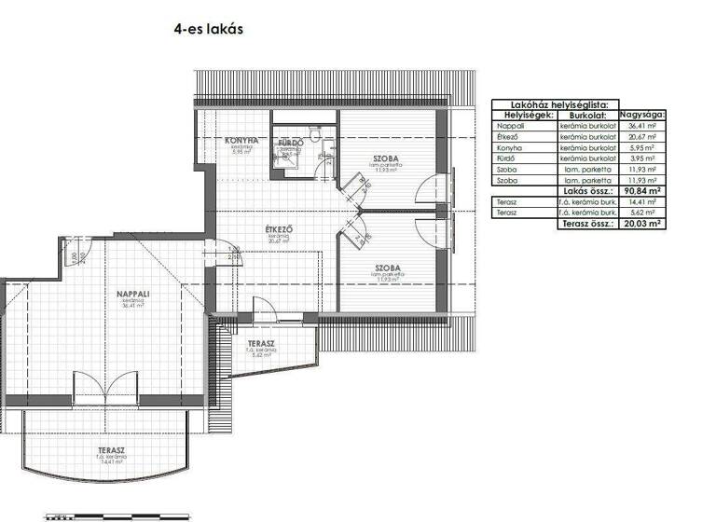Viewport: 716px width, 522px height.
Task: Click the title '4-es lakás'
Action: pos(208,28)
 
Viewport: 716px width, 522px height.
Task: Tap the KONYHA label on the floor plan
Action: pos(241,141)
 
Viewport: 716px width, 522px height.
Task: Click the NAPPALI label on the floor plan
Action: pos(134,294)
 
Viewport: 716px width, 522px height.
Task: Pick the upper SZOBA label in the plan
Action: pos(386,159)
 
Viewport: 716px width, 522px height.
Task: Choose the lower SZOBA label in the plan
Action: pos(389,268)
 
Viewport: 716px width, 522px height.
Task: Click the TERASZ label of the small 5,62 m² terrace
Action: pos(261,344)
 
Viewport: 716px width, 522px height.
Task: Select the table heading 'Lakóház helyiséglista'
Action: pos(579,104)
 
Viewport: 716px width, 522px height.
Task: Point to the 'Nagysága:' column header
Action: pos(642,114)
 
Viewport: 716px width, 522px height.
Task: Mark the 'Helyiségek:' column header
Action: pos(524,114)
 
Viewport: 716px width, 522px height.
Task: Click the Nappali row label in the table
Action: pos(510,125)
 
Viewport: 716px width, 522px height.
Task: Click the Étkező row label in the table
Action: pos(509,136)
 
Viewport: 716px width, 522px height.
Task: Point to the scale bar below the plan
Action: pos(117,515)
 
